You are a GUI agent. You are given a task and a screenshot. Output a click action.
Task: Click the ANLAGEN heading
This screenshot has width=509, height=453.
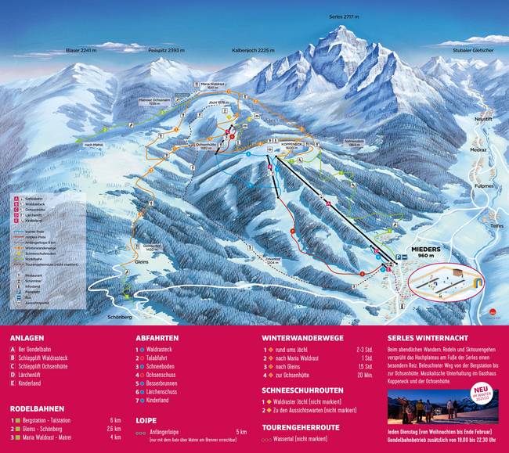[27, 338]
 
